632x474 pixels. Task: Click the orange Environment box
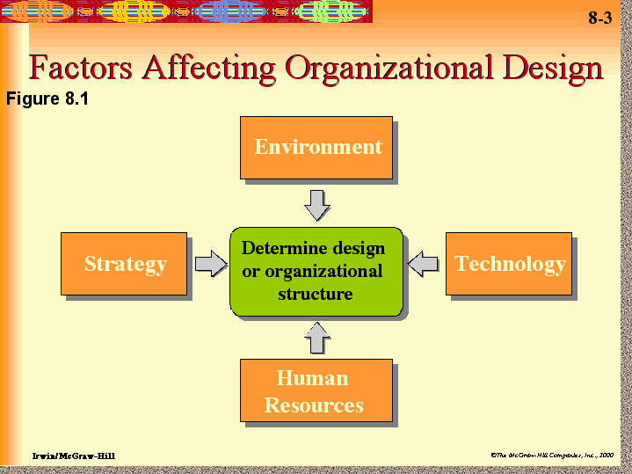click(316, 147)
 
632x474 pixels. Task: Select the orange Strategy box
click(124, 264)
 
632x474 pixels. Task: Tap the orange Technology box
click(509, 264)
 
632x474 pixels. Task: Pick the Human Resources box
click(316, 391)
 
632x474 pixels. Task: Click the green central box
click(316, 271)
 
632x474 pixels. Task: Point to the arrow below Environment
click(316, 205)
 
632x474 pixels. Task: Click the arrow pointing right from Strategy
click(210, 264)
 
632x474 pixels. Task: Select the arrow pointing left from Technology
click(424, 263)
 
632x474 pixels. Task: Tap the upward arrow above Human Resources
click(316, 337)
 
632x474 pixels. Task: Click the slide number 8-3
click(599, 19)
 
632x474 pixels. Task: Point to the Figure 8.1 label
click(47, 98)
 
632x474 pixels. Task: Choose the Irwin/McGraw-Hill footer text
click(73, 455)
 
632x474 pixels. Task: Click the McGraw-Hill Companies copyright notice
click(552, 455)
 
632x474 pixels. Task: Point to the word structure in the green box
click(315, 294)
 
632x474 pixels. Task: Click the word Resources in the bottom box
click(314, 405)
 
